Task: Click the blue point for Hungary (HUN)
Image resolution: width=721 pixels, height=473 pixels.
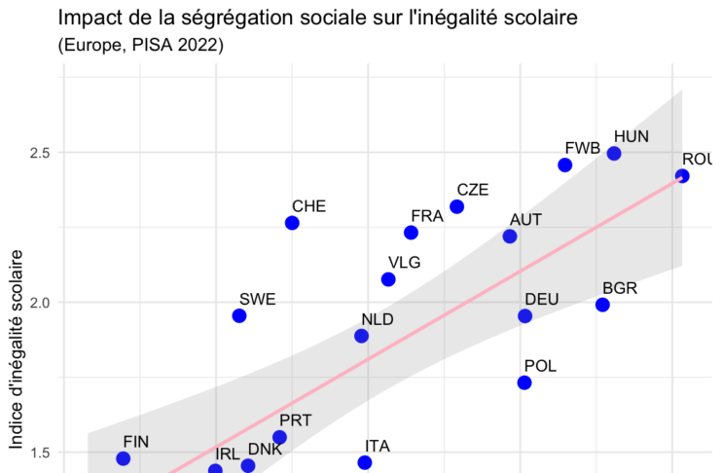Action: click(x=614, y=154)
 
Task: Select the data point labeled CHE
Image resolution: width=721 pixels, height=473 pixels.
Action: click(x=292, y=223)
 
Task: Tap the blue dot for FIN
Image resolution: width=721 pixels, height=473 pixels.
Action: click(x=124, y=458)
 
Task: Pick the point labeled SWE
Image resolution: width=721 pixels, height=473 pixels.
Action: click(x=239, y=316)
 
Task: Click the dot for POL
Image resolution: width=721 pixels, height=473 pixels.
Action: click(x=524, y=382)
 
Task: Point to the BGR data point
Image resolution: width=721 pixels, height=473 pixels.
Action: click(x=602, y=305)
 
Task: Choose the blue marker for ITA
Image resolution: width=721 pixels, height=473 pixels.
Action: click(x=365, y=462)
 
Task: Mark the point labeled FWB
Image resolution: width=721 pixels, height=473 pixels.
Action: click(x=565, y=165)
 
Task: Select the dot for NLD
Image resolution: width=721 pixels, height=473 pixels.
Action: click(x=362, y=336)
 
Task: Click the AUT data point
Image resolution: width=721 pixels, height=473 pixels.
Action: click(x=510, y=236)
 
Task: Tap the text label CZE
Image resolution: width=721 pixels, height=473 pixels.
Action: click(x=473, y=190)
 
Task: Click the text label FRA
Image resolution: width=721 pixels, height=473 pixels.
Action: click(x=427, y=216)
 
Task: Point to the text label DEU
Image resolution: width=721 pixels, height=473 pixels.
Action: click(x=541, y=299)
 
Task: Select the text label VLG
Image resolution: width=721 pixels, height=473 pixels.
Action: click(x=404, y=262)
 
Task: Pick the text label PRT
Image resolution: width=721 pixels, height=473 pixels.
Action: click(x=295, y=420)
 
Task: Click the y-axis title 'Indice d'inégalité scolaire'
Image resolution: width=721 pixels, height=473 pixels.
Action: click(x=17, y=350)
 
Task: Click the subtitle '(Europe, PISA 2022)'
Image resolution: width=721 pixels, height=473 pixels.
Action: click(x=141, y=46)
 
